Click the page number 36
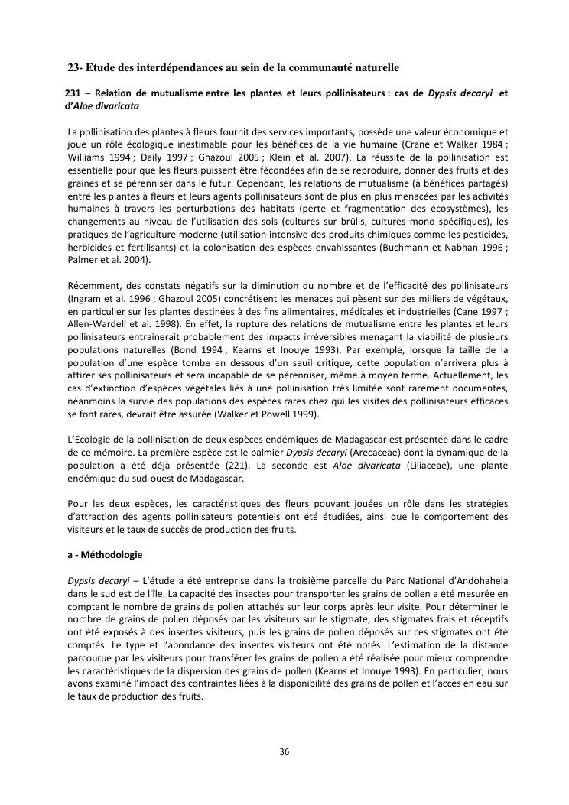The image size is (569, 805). tap(284, 751)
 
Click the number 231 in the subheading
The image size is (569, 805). tap(73, 93)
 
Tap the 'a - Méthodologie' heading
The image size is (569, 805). tap(104, 553)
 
